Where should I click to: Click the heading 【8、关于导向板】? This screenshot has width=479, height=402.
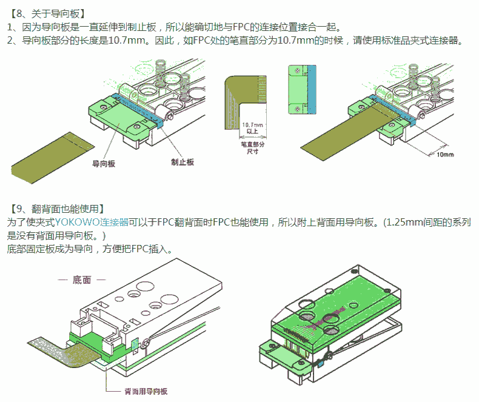[48, 12]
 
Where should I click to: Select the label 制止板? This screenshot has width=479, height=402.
[182, 162]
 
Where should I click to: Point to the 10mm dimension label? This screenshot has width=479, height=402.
[444, 155]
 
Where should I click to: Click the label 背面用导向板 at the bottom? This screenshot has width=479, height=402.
[146, 391]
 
